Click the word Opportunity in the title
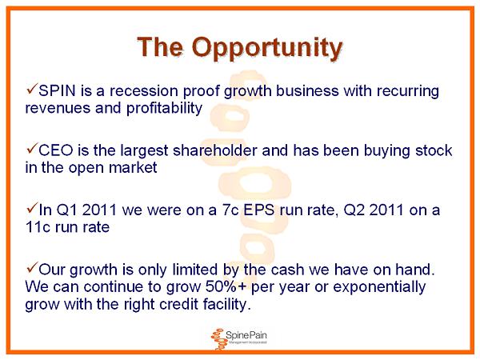[266, 48]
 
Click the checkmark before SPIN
[32, 89]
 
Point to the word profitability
[164, 108]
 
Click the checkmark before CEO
[32, 149]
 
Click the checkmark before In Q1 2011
[32, 209]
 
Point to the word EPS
[258, 210]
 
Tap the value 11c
[38, 227]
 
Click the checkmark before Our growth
[32, 268]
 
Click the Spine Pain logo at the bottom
[238, 338]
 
